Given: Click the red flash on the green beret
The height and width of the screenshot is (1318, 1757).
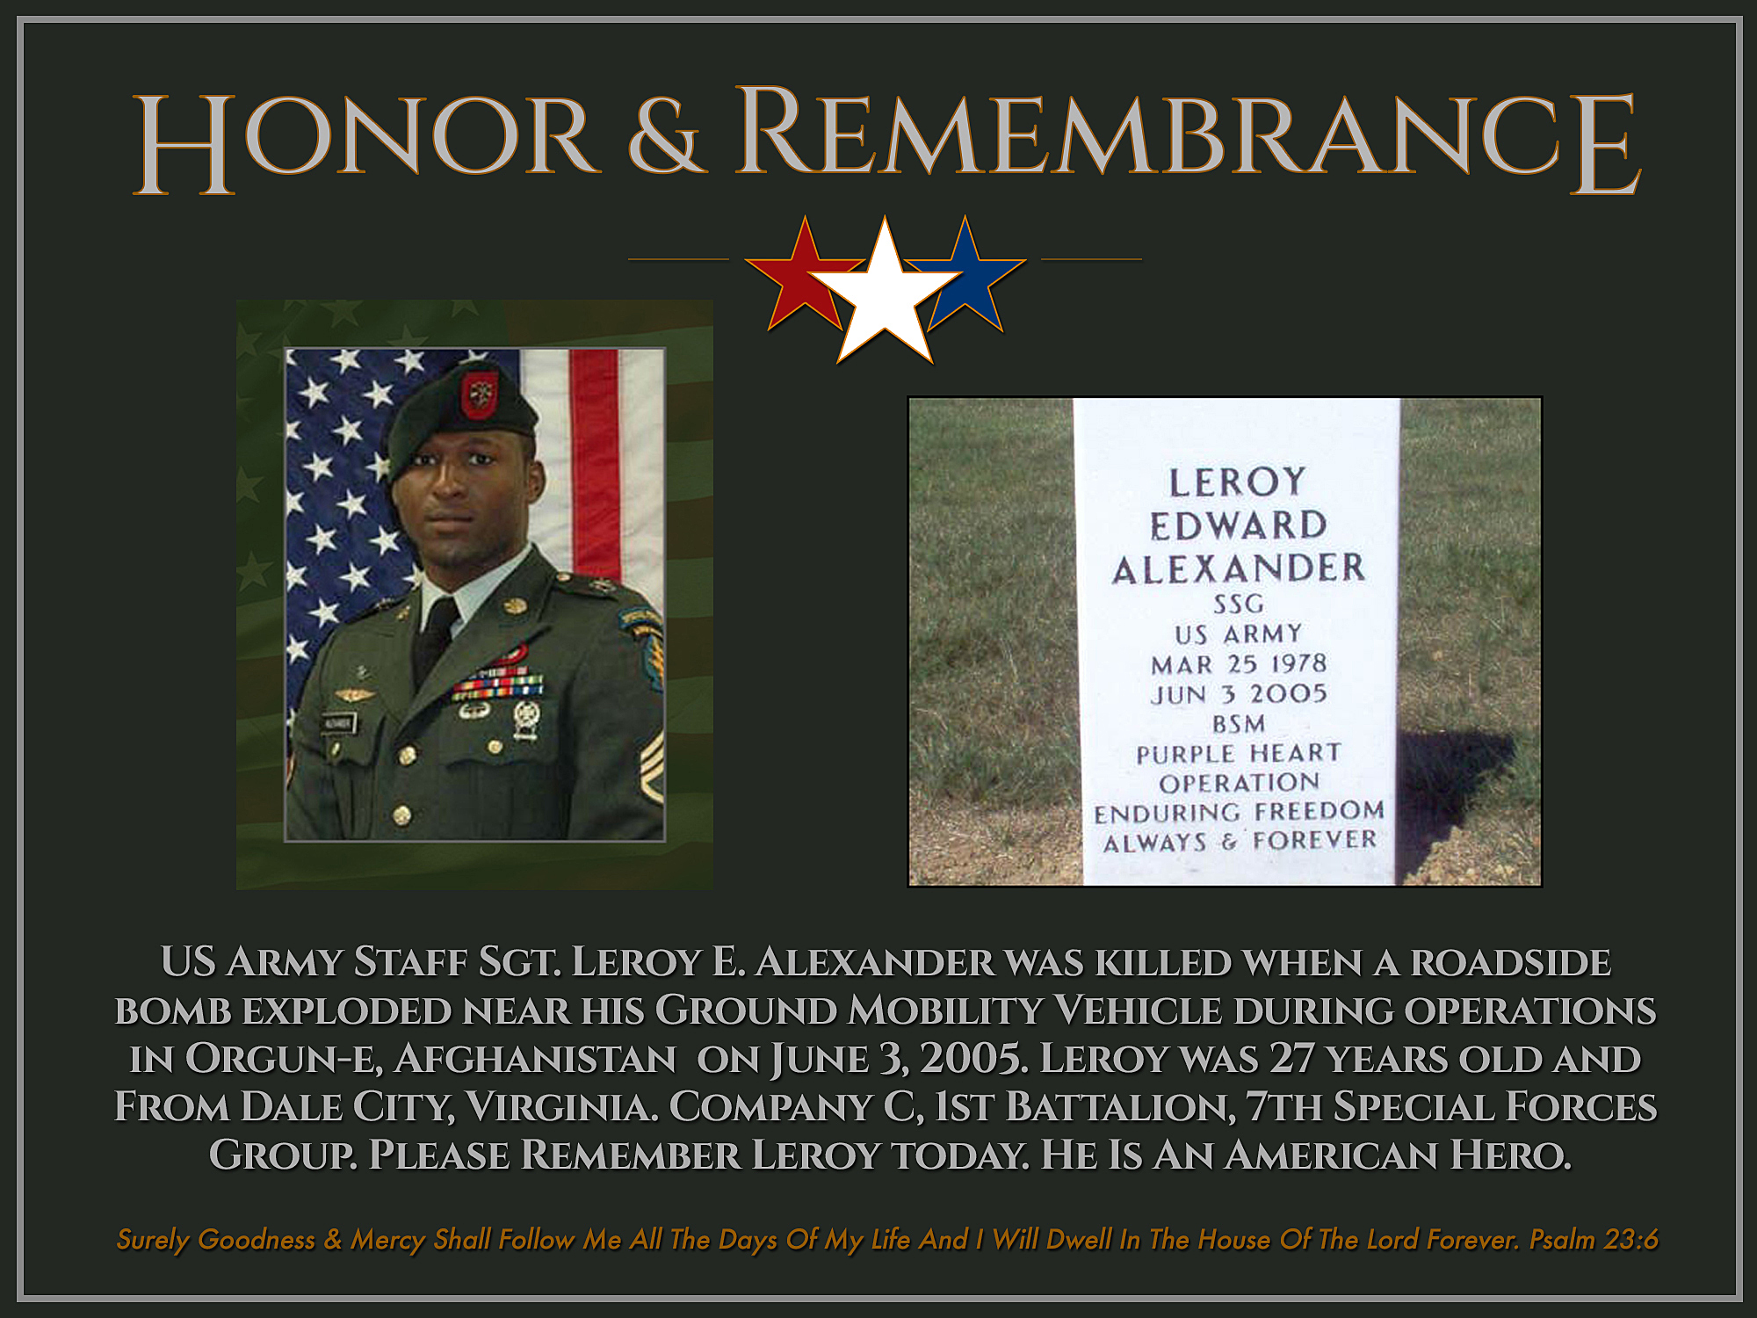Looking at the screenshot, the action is (x=479, y=395).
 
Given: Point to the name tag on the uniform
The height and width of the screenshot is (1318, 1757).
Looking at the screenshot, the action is (x=337, y=722).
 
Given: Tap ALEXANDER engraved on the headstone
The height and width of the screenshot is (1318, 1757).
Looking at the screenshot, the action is (x=1239, y=568).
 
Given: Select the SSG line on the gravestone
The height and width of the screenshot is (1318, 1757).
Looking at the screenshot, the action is (x=1239, y=605).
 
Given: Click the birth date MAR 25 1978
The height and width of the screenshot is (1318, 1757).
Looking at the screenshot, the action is (x=1239, y=664).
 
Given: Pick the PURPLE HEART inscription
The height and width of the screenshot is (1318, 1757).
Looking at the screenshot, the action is (x=1239, y=754).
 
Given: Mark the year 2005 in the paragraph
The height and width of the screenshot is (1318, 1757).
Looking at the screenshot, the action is (x=973, y=1059).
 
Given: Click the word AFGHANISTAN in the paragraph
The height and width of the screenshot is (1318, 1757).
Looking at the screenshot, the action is (x=535, y=1059).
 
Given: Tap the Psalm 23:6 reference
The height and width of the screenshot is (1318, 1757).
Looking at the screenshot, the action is (x=1594, y=1239).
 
